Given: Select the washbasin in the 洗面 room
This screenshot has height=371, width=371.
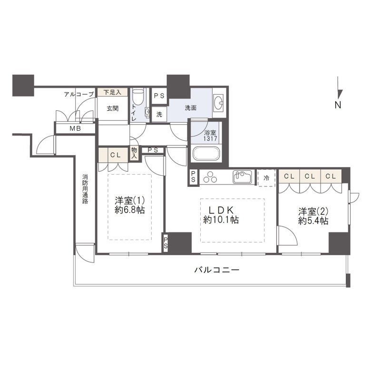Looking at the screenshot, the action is [x=219, y=103].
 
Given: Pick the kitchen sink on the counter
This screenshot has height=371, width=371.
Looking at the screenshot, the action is [x=242, y=177].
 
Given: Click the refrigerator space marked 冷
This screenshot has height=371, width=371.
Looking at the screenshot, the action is [x=266, y=178].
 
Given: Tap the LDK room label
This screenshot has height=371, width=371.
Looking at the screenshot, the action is [x=221, y=215].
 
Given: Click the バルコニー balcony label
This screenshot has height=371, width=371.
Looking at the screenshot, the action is [x=217, y=270].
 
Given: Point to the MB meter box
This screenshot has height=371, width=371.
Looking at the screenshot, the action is [x=75, y=128].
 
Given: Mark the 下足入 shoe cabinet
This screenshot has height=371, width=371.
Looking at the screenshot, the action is [x=113, y=92].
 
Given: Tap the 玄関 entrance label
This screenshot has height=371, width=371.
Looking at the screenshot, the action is [x=113, y=108].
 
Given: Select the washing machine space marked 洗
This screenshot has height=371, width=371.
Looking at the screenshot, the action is [x=159, y=114].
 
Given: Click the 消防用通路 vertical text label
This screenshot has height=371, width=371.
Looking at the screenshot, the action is [x=85, y=189].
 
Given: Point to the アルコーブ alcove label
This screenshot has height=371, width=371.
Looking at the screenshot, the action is [x=79, y=94].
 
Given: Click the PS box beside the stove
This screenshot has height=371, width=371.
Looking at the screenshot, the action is [x=193, y=177].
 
